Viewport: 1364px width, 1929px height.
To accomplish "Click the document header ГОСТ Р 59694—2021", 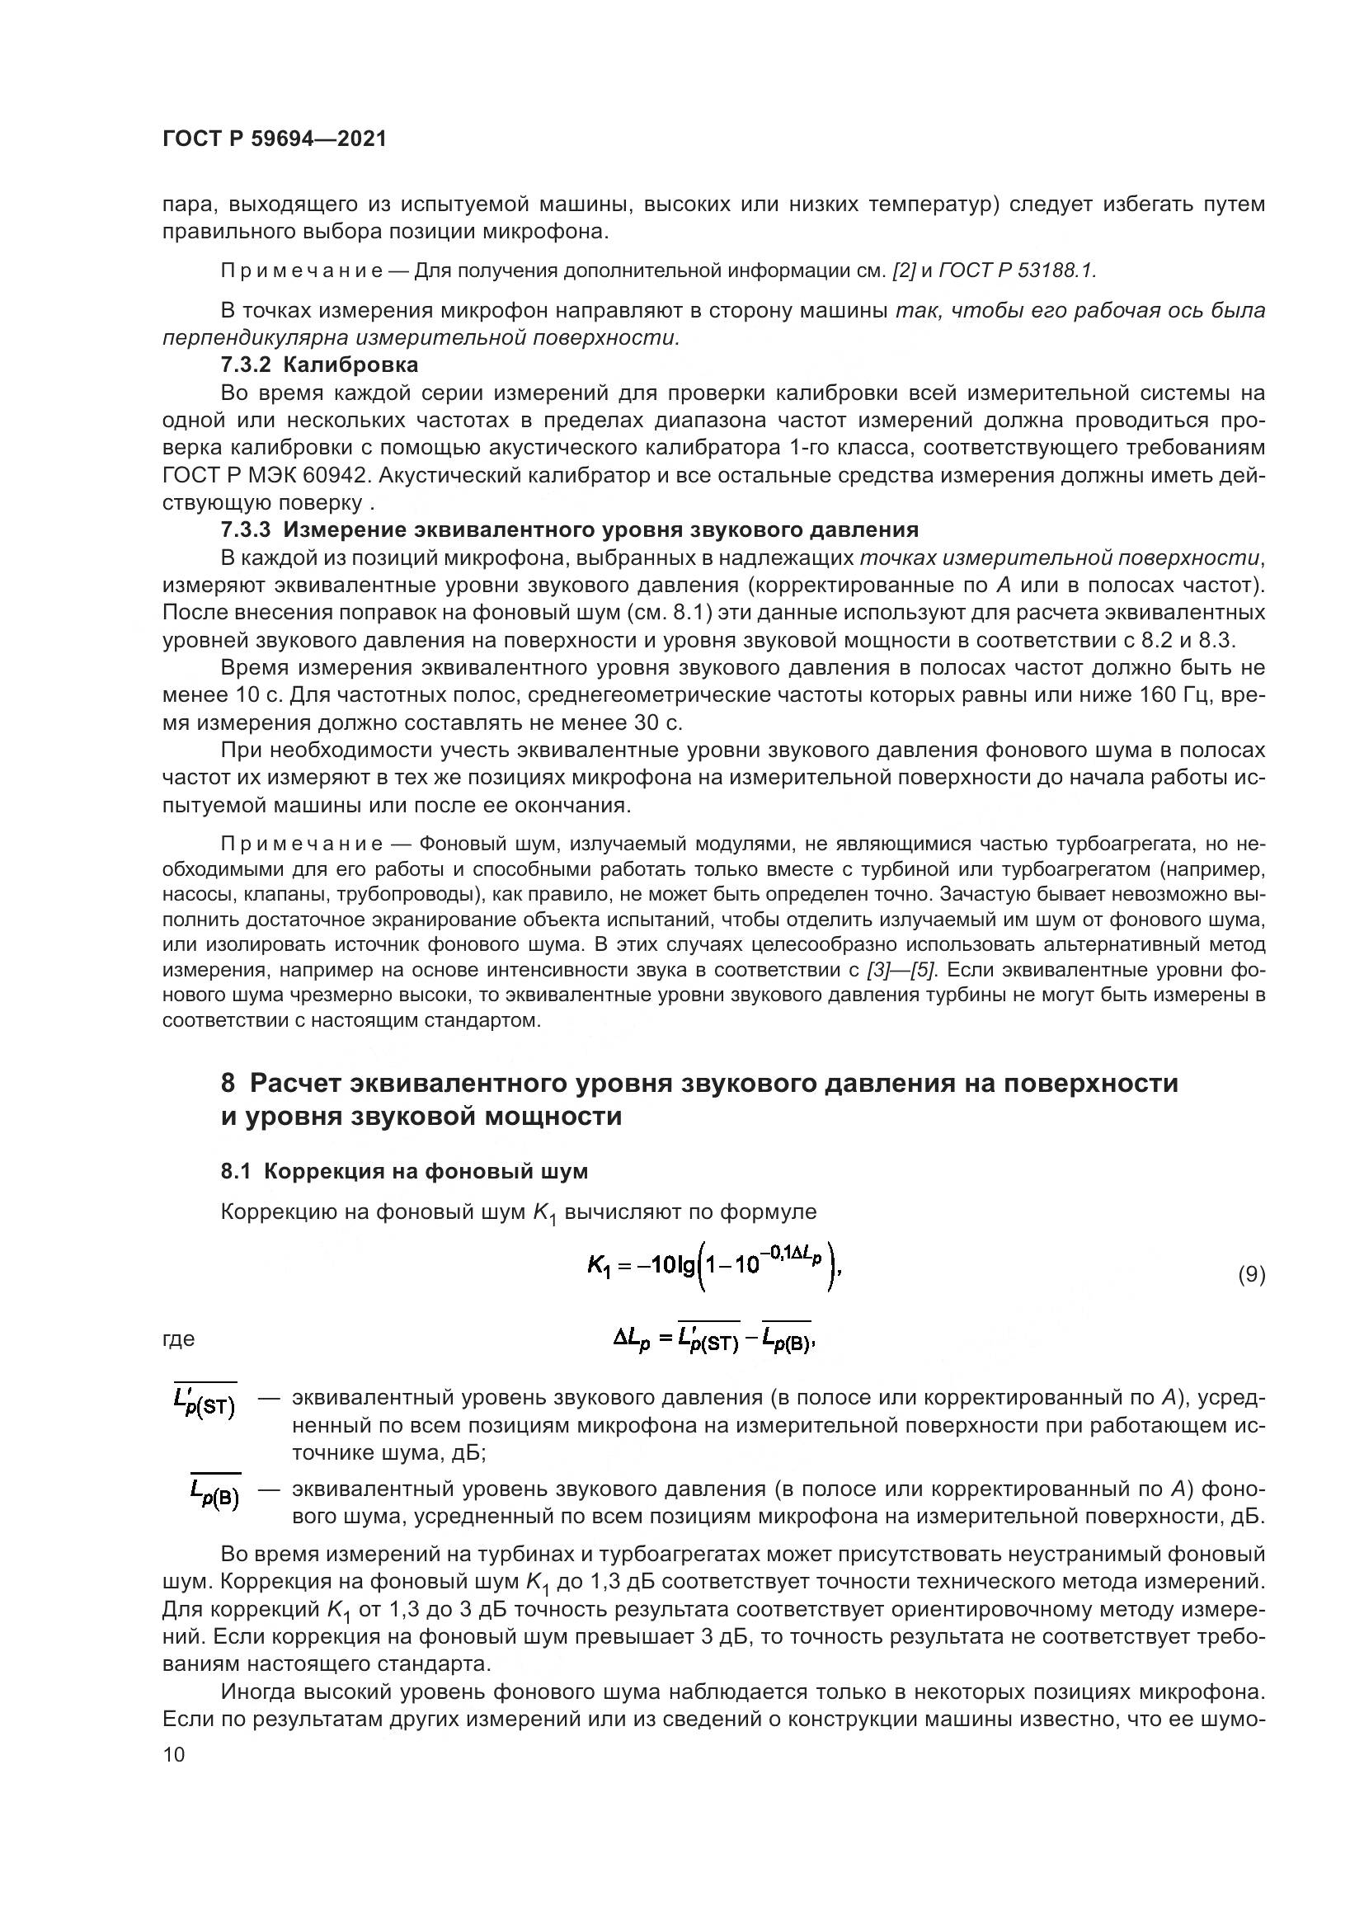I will click(x=275, y=139).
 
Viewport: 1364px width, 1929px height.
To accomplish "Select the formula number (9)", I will click(x=1251, y=1274).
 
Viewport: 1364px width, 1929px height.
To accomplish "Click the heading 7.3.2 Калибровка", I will click(x=319, y=365).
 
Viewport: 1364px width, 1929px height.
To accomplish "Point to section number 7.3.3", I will click(x=245, y=530).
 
